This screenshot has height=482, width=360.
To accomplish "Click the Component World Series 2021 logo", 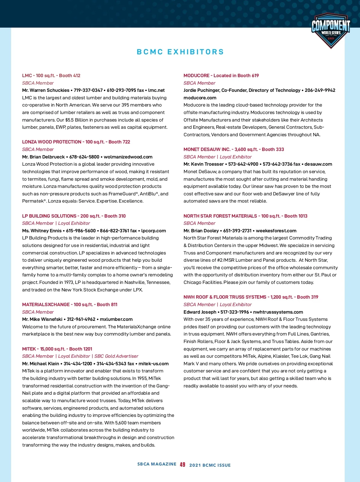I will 331,30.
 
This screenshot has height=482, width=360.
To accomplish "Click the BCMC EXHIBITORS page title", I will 180,52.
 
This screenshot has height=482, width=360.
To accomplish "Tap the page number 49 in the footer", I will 182,465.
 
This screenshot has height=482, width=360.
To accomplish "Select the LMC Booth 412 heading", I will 51,76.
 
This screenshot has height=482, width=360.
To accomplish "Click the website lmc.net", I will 156,90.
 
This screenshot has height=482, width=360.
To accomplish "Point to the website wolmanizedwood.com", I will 128,157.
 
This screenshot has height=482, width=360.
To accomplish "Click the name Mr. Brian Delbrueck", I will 43,157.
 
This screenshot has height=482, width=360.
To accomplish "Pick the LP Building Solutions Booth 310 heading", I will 74,216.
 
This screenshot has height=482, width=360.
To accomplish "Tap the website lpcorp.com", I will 154,231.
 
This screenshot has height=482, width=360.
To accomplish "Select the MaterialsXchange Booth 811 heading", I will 70,305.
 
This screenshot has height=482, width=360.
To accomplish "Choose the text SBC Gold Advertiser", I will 116,356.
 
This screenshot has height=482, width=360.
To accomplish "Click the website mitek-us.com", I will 154,364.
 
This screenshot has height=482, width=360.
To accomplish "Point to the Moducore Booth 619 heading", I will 221,76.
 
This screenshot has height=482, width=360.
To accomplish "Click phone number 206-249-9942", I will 320,90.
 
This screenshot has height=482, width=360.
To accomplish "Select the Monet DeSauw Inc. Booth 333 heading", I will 234,149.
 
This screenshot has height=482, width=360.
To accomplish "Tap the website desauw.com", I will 318,164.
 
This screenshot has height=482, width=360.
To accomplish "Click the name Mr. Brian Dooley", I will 201,231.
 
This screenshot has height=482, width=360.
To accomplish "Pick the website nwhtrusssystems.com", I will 278,312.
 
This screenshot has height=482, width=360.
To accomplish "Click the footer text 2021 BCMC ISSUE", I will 210,465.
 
